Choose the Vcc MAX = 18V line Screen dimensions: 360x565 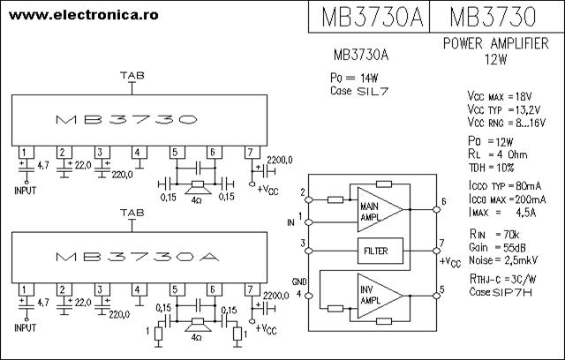(500, 95)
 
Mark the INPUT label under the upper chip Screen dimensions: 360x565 (26, 190)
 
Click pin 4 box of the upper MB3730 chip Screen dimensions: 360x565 (139, 151)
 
